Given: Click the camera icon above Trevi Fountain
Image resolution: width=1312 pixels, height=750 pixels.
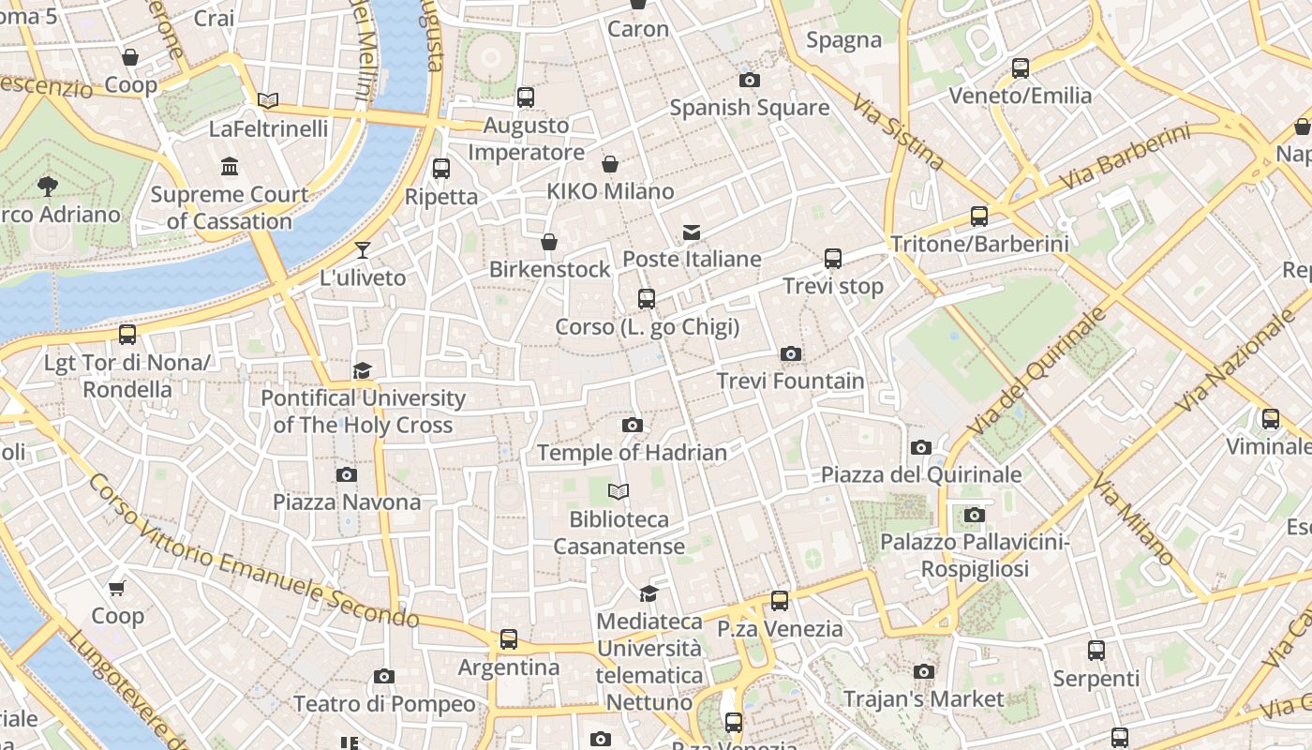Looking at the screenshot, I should coord(791,353).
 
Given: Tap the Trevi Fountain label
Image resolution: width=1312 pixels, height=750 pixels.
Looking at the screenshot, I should coord(790,381).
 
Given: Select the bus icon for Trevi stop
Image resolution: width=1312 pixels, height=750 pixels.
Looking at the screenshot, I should coord(833,259).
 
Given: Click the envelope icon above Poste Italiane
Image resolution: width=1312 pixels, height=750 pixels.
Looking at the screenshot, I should coord(692,232).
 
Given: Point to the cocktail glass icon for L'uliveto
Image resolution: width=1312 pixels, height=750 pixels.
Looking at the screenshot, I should coord(363,250).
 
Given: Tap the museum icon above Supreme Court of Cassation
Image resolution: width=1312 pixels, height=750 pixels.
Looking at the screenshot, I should coord(230,167).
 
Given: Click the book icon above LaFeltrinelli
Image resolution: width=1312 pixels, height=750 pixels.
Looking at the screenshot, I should coord(268,100).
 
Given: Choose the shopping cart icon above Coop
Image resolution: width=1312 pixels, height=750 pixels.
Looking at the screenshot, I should coord(117,589).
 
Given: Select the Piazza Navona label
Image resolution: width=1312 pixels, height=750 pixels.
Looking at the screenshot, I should coord(347,502).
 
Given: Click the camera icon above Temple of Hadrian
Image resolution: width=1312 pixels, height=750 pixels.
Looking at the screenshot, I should coord(633,425).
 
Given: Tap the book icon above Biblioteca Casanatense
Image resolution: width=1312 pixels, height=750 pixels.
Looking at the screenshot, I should coord(619,491).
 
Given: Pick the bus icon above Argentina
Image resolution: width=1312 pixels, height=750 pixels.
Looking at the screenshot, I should coord(509,639).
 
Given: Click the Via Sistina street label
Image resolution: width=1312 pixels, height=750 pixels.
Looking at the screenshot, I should coord(899,131).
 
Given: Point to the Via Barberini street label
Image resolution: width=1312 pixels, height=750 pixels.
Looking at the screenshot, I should coord(1125,157).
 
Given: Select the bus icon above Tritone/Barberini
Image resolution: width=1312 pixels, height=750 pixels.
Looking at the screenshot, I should coord(979,217).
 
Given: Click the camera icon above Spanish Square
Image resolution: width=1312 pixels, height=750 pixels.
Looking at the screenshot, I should coord(750,80).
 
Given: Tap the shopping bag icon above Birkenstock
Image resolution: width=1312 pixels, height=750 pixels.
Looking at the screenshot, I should coord(550,242).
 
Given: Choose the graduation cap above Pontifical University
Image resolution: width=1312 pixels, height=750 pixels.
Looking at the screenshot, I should coord(363,370).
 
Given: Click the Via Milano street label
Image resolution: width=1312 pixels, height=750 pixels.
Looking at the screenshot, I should coord(1133,521).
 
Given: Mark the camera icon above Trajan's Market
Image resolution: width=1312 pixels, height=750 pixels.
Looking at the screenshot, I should coord(924,671).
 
